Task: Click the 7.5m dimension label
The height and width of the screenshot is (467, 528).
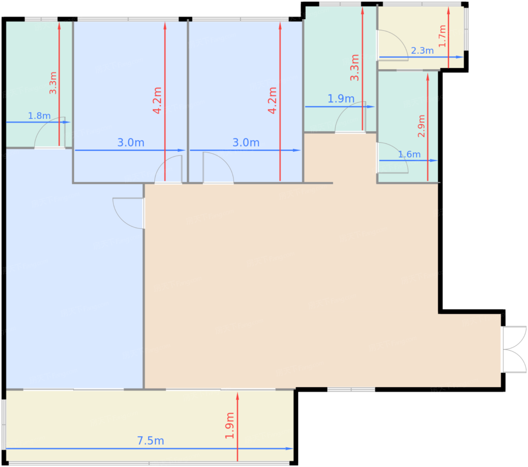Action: click(150, 441)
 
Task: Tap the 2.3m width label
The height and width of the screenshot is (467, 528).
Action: click(422, 51)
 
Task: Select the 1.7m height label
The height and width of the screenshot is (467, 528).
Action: click(442, 36)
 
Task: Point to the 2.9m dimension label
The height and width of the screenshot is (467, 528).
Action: click(421, 126)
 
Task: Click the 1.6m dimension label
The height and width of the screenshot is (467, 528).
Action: click(409, 154)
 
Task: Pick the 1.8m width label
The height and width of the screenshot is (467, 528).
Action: click(39, 116)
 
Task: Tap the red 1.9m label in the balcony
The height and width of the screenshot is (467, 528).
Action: click(230, 425)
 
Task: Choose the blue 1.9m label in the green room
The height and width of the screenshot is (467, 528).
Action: click(341, 99)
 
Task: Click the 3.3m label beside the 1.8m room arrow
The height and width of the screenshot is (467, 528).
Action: click(53, 83)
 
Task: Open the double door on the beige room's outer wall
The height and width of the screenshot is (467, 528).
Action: click(514, 350)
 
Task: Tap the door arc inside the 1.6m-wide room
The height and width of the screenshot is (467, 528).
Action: click(392, 158)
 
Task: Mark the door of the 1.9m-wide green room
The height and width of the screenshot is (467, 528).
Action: click(350, 117)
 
